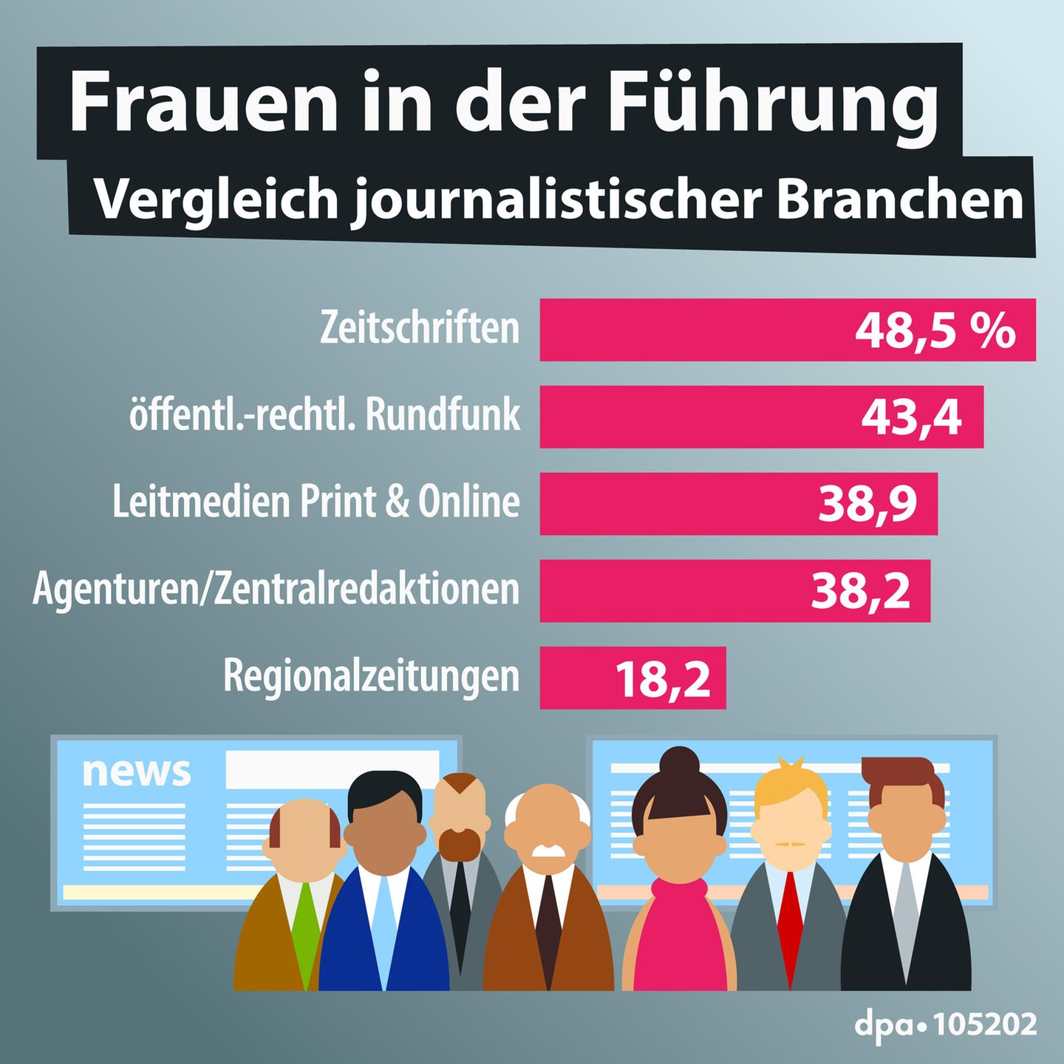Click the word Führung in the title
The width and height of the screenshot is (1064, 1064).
(x=772, y=103)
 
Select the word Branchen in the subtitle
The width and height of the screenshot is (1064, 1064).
(x=899, y=199)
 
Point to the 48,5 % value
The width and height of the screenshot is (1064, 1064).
(x=935, y=330)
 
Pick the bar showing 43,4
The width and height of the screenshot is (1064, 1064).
(x=761, y=417)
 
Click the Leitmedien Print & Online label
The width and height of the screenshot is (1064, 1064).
(x=316, y=502)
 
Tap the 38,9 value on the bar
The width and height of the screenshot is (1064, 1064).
(x=867, y=504)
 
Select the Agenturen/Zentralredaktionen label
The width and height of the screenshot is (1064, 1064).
(x=276, y=590)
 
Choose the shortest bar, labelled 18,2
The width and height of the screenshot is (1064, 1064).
(x=632, y=678)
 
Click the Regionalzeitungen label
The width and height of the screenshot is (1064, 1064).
(x=371, y=676)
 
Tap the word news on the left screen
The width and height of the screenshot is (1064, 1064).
(x=136, y=772)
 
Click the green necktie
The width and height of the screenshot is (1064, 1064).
(x=304, y=931)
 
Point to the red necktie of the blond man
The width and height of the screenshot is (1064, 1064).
(x=790, y=924)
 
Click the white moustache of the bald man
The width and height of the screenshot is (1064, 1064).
(x=548, y=850)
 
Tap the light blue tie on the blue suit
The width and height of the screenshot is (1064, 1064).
(x=384, y=924)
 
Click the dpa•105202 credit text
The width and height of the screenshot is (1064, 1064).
(x=945, y=1025)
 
